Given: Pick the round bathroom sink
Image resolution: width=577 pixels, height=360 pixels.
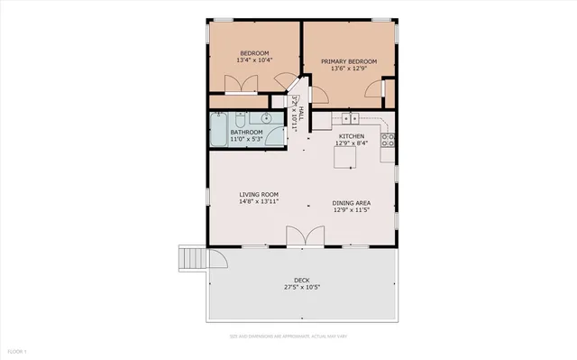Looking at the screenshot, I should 268,118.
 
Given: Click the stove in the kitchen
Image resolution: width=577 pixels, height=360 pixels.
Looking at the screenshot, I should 389,140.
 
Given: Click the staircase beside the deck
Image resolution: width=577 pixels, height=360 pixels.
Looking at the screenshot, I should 191,259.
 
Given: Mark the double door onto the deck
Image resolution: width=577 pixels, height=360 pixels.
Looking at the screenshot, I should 304,236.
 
